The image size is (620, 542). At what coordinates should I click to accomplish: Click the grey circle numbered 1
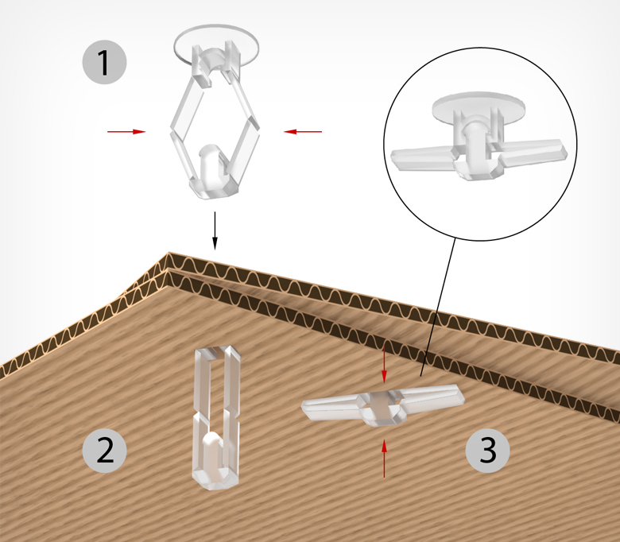(x=104, y=62)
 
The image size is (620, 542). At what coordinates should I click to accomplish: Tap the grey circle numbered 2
(x=104, y=451)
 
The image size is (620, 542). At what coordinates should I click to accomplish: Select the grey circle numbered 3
(x=487, y=451)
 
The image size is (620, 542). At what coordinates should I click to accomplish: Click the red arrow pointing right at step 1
(x=126, y=132)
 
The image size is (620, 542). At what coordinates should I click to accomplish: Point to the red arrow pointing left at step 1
(x=303, y=132)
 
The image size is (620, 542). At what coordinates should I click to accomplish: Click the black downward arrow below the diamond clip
(x=215, y=230)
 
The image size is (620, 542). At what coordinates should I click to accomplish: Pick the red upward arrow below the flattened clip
(x=384, y=459)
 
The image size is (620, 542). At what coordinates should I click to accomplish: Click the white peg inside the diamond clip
(x=211, y=163)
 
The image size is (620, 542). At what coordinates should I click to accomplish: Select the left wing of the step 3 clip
(x=332, y=406)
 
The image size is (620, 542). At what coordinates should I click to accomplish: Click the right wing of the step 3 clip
(x=431, y=397)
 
